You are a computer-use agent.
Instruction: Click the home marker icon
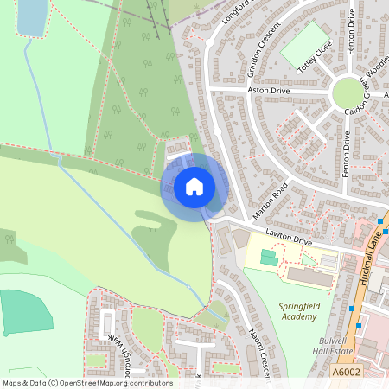click(x=194, y=186)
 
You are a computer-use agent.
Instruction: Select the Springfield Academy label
click(x=303, y=311)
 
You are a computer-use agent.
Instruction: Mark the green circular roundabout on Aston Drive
click(x=348, y=92)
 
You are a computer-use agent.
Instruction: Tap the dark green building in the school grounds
click(x=270, y=258)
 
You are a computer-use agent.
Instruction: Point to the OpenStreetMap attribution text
click(x=87, y=382)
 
